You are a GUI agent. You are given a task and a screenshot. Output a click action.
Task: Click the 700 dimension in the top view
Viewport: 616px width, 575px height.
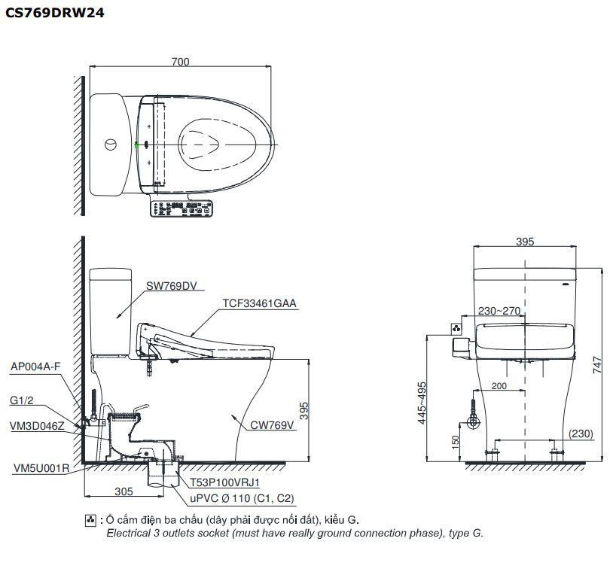click(x=180, y=62)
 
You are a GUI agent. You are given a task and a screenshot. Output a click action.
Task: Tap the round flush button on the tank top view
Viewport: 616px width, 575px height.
click(x=110, y=143)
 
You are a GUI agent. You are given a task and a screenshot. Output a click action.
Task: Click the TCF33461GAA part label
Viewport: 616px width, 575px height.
click(x=259, y=304)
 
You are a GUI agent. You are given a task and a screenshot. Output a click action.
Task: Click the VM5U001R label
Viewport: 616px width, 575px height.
click(x=41, y=468)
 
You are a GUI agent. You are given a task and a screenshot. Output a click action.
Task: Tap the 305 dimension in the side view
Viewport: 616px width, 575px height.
click(x=124, y=491)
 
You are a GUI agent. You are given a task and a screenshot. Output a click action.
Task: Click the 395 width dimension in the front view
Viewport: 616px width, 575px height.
click(x=525, y=242)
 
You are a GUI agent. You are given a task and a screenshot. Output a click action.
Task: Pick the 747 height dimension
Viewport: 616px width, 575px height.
click(x=597, y=364)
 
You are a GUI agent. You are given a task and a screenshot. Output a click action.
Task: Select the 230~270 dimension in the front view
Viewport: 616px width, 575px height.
click(x=499, y=309)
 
